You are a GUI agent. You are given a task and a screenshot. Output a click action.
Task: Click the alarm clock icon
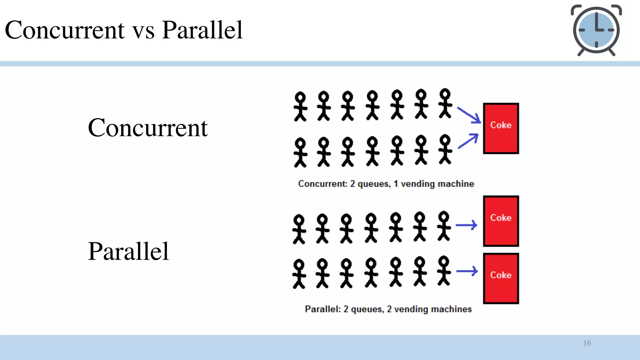click(x=596, y=30)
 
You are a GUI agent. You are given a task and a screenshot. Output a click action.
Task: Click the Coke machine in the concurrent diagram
click(x=501, y=128)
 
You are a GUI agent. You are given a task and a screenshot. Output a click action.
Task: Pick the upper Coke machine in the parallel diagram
click(x=501, y=221)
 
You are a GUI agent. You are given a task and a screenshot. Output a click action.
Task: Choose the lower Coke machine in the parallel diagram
click(x=501, y=278)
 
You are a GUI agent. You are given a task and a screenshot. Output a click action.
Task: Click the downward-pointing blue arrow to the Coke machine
click(x=469, y=115)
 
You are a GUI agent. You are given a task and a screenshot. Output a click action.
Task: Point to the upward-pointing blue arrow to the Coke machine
click(x=468, y=141)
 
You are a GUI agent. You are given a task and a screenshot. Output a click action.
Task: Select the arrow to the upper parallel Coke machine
click(x=466, y=225)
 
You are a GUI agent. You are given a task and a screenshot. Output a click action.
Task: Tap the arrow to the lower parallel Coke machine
click(x=467, y=271)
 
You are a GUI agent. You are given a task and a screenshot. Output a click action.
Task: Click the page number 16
click(x=587, y=343)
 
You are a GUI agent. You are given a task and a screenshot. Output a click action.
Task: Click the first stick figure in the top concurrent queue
click(x=300, y=106)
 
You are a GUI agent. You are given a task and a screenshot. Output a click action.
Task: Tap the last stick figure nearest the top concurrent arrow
click(x=445, y=103)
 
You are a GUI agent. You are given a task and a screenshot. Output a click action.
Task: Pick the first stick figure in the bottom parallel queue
click(x=299, y=274)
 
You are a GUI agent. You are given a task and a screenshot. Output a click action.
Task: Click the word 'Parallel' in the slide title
click(x=202, y=30)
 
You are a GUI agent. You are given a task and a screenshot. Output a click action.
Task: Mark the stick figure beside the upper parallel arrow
click(x=444, y=226)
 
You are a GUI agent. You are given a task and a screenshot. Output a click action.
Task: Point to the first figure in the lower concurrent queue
click(x=300, y=152)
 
